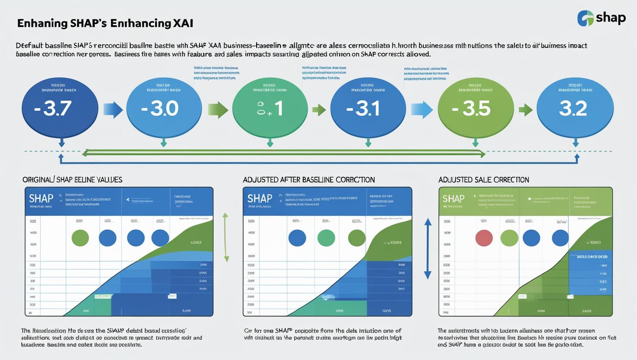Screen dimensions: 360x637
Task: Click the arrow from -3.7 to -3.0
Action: [113, 110]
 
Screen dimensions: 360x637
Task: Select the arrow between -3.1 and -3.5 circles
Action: [421, 110]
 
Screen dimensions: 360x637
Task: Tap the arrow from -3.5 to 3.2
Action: [525, 110]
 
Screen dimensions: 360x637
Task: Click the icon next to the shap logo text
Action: [586, 18]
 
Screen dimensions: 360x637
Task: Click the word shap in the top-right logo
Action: [611, 18]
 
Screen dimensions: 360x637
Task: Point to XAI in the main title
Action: [183, 23]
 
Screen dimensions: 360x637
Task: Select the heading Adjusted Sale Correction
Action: [483, 180]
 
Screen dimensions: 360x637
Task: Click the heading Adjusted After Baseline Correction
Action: [309, 180]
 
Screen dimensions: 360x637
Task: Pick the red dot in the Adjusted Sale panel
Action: [484, 238]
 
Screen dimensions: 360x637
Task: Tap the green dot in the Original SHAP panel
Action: [80, 238]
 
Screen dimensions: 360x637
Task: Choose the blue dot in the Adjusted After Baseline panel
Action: [297, 238]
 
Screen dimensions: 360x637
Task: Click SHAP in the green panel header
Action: [454, 199]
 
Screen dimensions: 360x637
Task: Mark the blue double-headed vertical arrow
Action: [428, 248]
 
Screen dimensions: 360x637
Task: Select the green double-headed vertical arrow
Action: [226, 237]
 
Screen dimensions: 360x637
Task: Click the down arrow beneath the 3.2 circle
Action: [576, 143]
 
